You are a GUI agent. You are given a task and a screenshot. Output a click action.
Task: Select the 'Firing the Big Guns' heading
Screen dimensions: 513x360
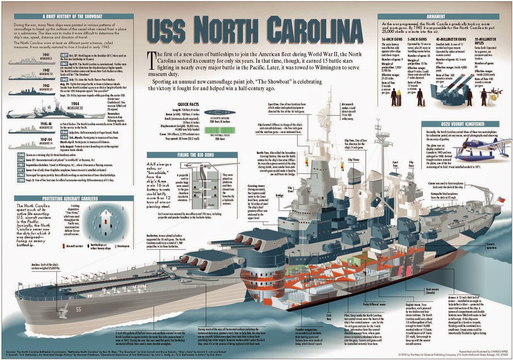[195, 155]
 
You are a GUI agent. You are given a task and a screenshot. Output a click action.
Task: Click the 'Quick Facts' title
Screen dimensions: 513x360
[188, 104]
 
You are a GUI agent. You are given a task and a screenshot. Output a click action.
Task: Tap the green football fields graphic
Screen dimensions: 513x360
[220, 130]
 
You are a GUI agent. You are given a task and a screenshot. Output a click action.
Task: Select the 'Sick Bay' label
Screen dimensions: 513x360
[329, 317]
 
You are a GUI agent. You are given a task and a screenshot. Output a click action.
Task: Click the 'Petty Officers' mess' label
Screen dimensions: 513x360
[374, 304]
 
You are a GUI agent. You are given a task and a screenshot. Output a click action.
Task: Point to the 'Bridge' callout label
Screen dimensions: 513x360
[279, 195]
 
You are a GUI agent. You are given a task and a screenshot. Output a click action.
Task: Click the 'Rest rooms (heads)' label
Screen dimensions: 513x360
[432, 291]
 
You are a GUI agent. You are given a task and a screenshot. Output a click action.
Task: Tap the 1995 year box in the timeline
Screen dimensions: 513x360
[21, 180]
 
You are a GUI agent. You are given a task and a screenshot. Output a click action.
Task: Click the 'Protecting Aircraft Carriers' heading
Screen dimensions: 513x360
[70, 199]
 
